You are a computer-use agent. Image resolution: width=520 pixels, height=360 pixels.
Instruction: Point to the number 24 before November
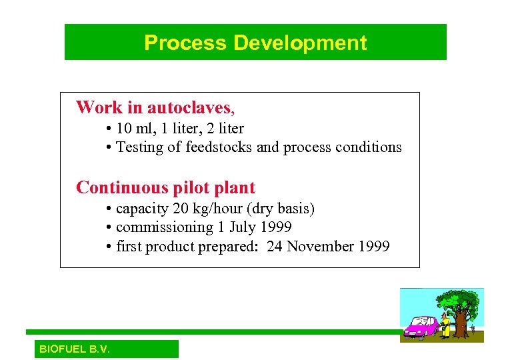point(275,247)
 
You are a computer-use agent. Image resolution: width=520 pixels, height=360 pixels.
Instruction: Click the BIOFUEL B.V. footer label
point(75,349)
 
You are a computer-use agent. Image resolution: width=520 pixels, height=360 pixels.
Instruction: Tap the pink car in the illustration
point(420,327)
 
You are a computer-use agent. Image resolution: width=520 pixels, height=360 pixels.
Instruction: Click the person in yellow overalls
point(444,325)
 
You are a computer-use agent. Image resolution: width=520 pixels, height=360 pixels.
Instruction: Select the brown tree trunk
point(460,325)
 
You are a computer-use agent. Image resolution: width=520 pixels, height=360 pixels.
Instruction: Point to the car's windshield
point(429,321)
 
